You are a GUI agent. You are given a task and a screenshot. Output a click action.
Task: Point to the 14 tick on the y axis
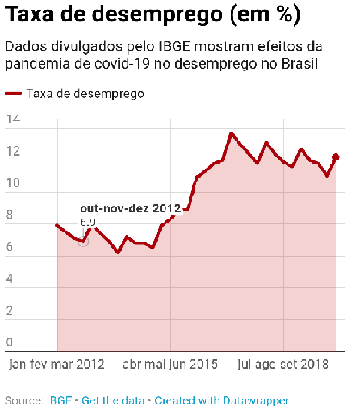pyautogui.click(x=13, y=119)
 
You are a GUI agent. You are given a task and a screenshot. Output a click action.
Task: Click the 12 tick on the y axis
pyautogui.click(x=13, y=152)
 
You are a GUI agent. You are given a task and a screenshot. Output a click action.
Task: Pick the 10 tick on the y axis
pyautogui.click(x=13, y=183)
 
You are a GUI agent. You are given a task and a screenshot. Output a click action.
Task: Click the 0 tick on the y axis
pyautogui.click(x=10, y=342)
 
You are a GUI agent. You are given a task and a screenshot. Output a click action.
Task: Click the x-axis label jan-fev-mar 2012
pyautogui.click(x=57, y=365)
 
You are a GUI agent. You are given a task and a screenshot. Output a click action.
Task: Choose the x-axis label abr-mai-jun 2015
pyautogui.click(x=170, y=365)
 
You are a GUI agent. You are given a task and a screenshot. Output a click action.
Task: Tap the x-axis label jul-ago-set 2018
pyautogui.click(x=283, y=365)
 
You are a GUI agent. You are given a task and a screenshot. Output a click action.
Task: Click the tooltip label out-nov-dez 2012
pyautogui.click(x=130, y=209)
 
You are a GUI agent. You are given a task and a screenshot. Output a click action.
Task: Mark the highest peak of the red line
pyautogui.click(x=231, y=135)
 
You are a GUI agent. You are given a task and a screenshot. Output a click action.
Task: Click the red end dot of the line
pyautogui.click(x=336, y=157)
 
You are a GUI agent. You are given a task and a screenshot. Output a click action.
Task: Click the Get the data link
pyautogui.click(x=113, y=400)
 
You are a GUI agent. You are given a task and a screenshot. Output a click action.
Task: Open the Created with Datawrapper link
pyautogui.click(x=221, y=400)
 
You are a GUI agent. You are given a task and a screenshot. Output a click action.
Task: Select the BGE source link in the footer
pyautogui.click(x=61, y=400)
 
